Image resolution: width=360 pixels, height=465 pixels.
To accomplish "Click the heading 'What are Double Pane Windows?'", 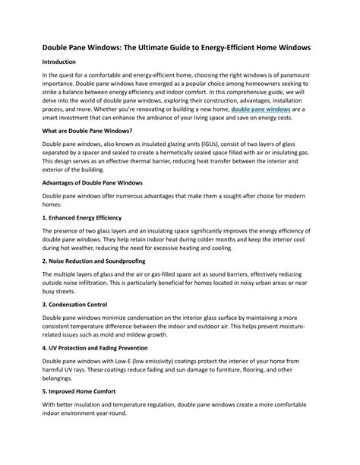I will tap(93, 131).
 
